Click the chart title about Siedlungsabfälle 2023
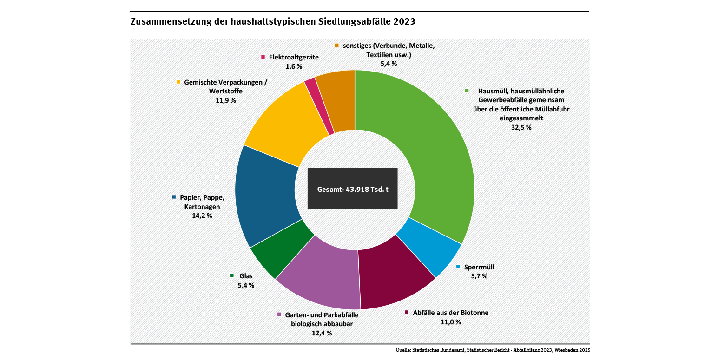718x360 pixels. coord(273,22)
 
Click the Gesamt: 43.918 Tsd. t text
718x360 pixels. coord(352,189)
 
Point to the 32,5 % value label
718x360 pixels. coord(521,127)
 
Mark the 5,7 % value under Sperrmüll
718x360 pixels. coord(479,276)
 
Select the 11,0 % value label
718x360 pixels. coord(451,322)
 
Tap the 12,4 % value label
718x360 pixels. coord(322,333)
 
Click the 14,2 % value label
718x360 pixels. coord(202,216)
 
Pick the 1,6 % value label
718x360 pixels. coord(294,66)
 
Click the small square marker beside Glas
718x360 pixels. coord(232,275)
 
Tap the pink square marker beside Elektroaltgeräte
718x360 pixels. coord(263,57)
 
